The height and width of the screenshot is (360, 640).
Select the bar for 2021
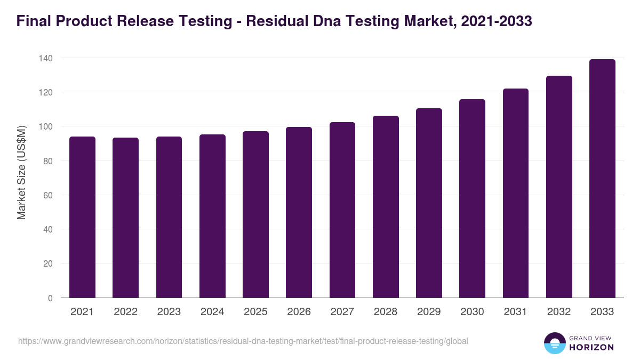pyautogui.click(x=82, y=217)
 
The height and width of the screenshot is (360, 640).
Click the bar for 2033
pyautogui.click(x=602, y=179)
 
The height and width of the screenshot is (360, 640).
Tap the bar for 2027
pyautogui.click(x=342, y=210)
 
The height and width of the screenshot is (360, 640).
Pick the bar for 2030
pyautogui.click(x=472, y=198)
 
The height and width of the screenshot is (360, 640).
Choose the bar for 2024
pyautogui.click(x=212, y=216)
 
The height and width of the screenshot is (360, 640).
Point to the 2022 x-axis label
pyautogui.click(x=125, y=312)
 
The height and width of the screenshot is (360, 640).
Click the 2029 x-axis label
pyautogui.click(x=429, y=312)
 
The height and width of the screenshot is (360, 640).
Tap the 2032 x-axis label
pyautogui.click(x=559, y=312)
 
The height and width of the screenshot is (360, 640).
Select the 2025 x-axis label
pyautogui.click(x=255, y=312)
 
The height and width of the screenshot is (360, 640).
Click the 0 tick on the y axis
pyautogui.click(x=50, y=298)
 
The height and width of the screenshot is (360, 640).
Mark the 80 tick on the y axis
pyautogui.click(x=47, y=161)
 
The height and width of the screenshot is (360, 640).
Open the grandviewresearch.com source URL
pyautogui.click(x=243, y=341)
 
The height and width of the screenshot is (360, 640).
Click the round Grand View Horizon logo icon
pyautogui.click(x=555, y=343)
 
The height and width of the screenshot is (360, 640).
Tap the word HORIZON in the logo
pyautogui.click(x=591, y=347)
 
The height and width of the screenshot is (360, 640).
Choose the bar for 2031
pyautogui.click(x=516, y=193)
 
